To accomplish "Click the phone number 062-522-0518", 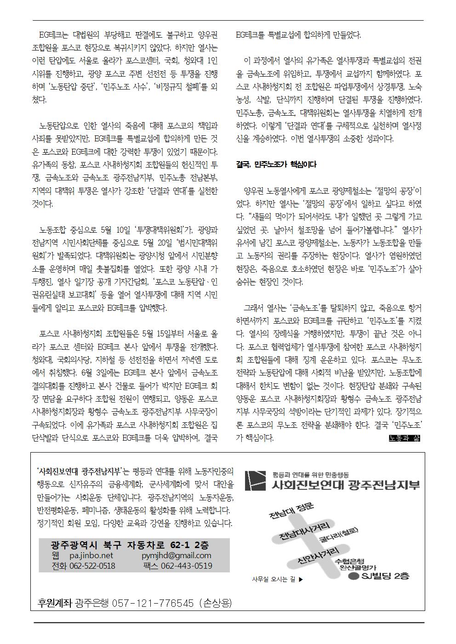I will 91,566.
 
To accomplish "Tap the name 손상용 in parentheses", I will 216,603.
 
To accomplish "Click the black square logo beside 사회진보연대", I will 256,480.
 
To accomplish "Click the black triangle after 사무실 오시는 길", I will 301,579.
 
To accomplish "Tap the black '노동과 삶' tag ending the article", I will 405,438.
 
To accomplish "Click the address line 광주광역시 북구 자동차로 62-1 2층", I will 130,545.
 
